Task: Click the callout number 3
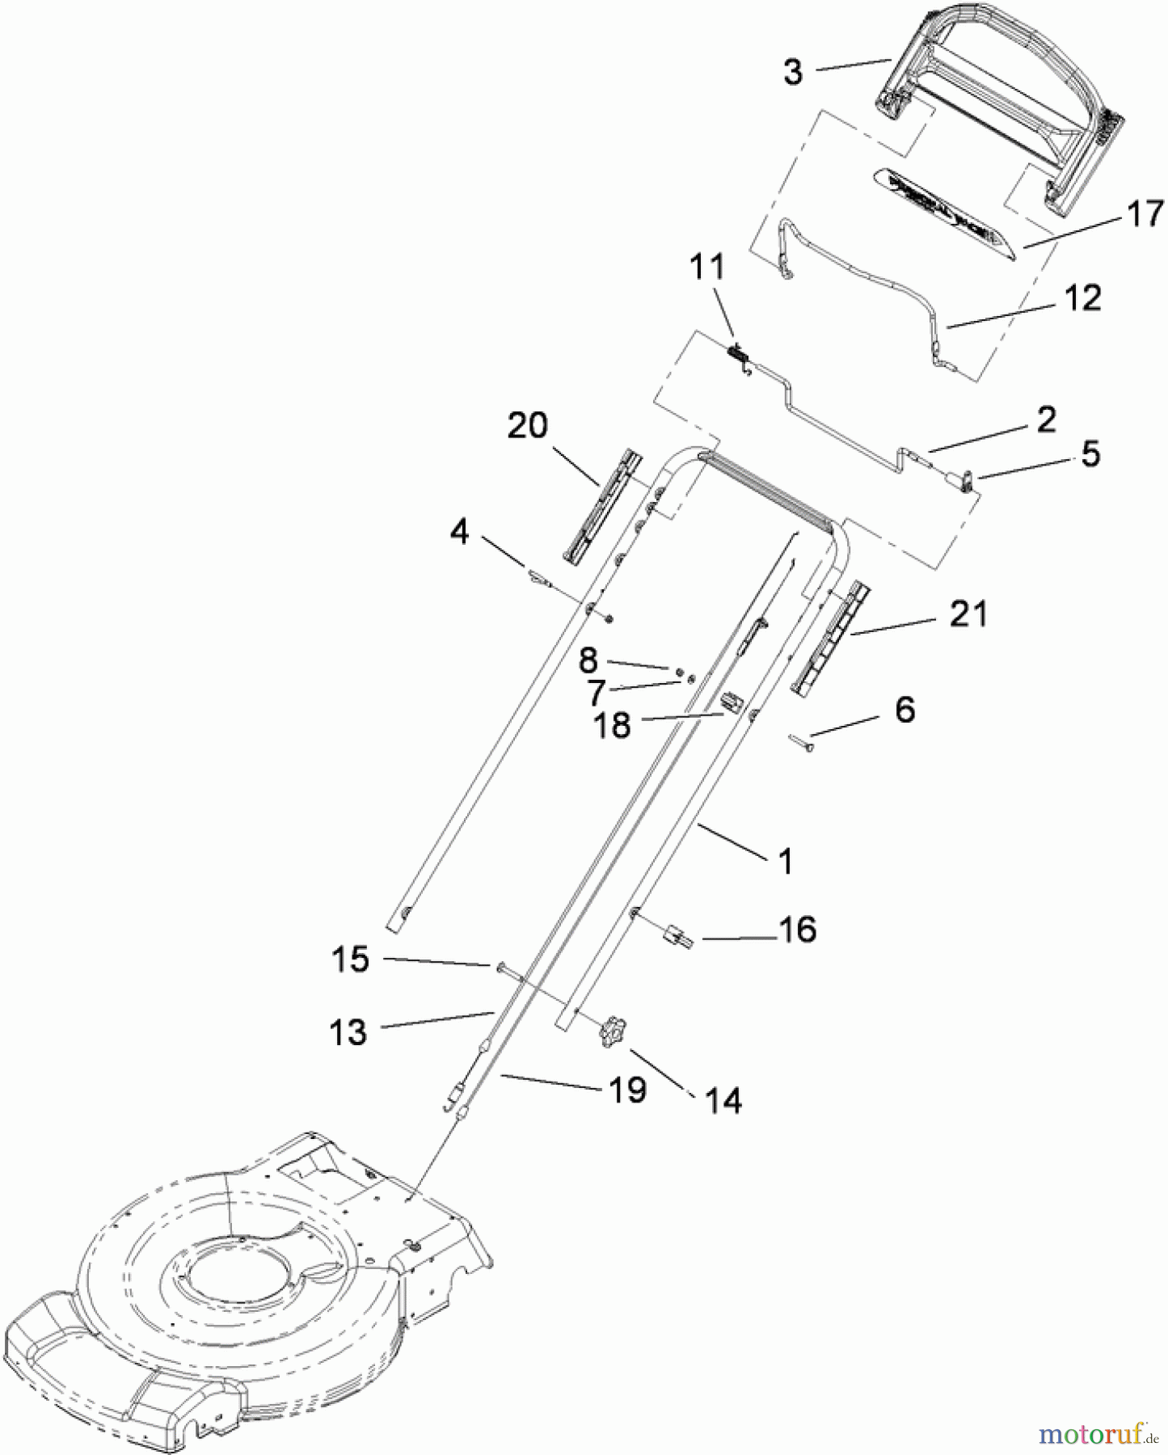point(793,72)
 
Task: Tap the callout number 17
point(1145,214)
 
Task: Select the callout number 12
point(1083,298)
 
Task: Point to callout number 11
point(707,268)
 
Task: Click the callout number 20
point(527,425)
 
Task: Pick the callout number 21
point(968,614)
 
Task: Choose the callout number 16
point(798,930)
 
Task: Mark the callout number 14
point(723,1100)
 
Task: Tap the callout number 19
point(627,1090)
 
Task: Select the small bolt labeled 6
point(800,742)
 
